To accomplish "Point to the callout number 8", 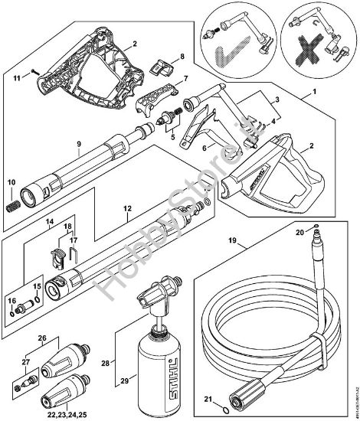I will (182, 57).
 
